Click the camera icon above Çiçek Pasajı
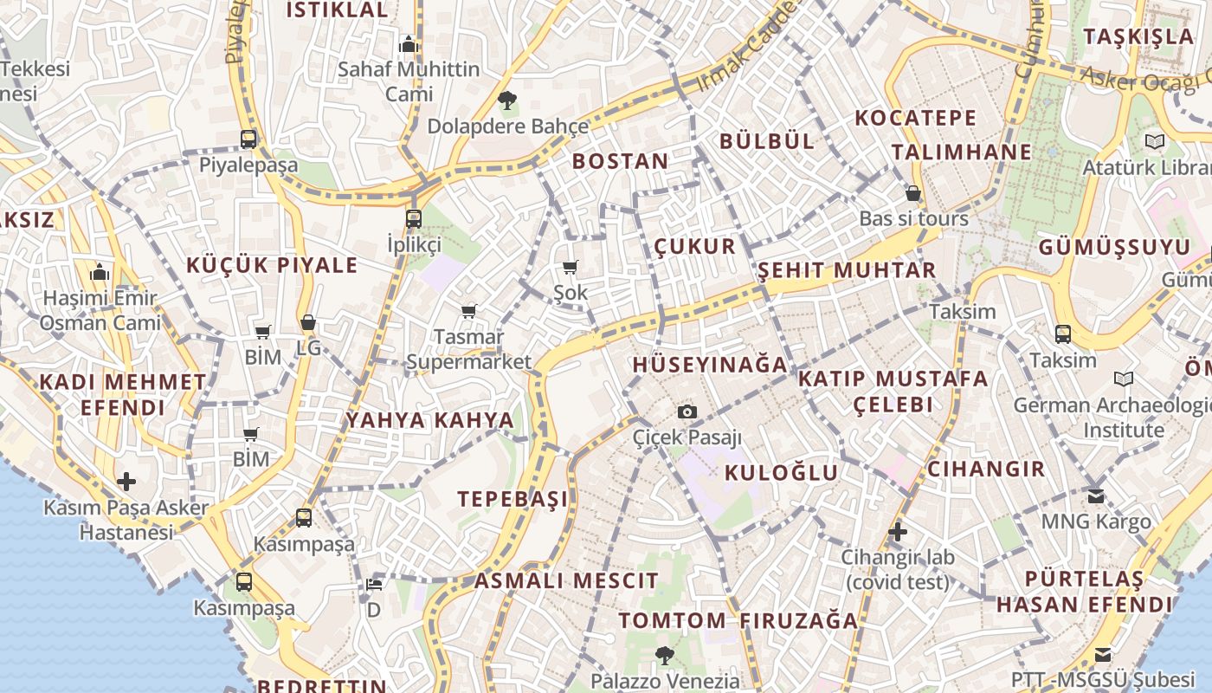click(x=687, y=411)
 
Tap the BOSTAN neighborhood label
click(x=620, y=161)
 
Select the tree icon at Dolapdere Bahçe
click(x=507, y=100)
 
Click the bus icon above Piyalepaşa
click(x=248, y=139)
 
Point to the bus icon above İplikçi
click(x=414, y=218)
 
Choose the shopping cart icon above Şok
click(x=570, y=268)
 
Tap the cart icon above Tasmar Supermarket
click(x=468, y=311)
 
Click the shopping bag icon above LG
click(x=307, y=323)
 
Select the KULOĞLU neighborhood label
click(x=781, y=472)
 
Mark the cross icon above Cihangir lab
click(x=898, y=531)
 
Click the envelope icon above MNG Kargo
click(x=1096, y=496)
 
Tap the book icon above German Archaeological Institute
click(x=1124, y=379)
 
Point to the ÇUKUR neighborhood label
click(x=694, y=246)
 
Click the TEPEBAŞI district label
click(x=513, y=499)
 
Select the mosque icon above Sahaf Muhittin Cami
click(x=408, y=43)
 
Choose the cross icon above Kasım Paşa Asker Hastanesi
click(x=126, y=482)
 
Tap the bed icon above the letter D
click(x=374, y=585)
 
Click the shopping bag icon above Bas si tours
click(x=913, y=193)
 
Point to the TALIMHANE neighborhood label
click(x=962, y=152)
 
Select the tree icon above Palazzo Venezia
click(x=664, y=656)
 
